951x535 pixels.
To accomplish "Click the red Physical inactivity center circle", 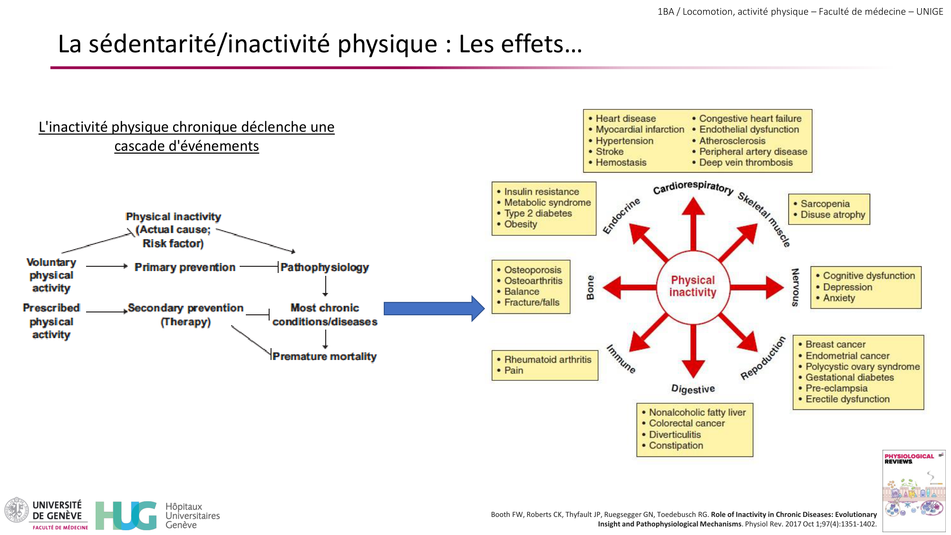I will click(x=693, y=286).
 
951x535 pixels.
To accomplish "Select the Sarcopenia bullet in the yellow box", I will click(x=825, y=204).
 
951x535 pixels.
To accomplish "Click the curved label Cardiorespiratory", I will click(x=693, y=187).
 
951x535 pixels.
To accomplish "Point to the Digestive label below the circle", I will click(x=693, y=389).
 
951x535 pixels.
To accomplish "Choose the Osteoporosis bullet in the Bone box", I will click(x=533, y=270).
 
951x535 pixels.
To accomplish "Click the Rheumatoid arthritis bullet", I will click(x=547, y=360).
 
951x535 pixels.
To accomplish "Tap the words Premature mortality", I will click(x=324, y=356).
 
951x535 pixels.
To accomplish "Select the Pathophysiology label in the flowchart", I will click(x=324, y=267).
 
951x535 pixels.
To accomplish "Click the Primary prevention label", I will click(x=185, y=267).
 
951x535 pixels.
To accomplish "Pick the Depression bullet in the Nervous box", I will click(x=847, y=287).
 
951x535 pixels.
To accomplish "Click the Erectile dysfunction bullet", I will click(x=847, y=399).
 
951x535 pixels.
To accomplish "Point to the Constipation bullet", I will click(x=676, y=446).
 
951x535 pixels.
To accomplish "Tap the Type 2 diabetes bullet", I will click(x=538, y=214).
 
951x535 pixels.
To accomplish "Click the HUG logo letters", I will click(x=126, y=516).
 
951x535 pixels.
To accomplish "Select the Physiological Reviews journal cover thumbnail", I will click(x=913, y=490).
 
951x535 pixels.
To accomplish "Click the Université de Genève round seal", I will click(x=17, y=510).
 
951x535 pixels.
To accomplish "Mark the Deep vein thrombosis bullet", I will click(x=746, y=163).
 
